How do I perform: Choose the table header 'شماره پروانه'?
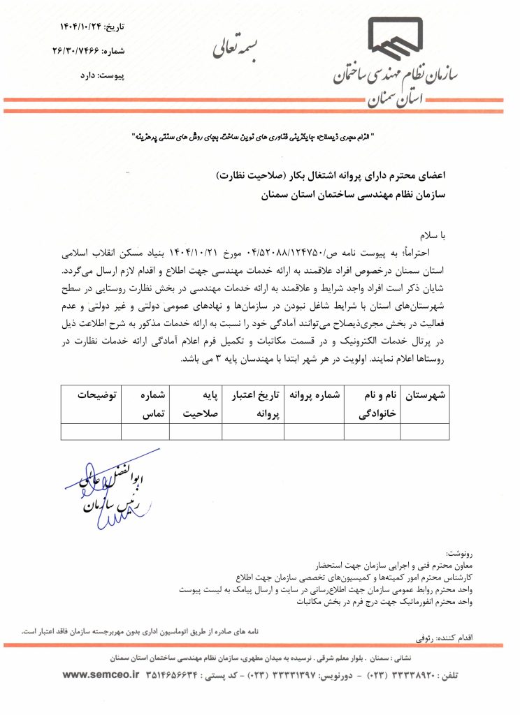coord(318,395)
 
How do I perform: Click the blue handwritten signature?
coord(108,482)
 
